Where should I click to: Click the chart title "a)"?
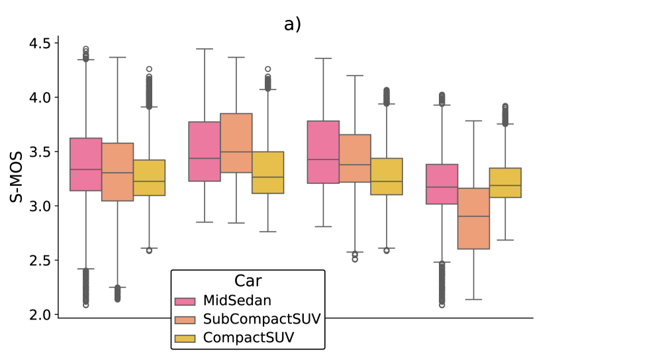click(x=293, y=24)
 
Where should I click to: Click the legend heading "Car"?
click(x=248, y=281)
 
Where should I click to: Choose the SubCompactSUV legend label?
click(x=262, y=320)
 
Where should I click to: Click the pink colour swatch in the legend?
click(x=185, y=301)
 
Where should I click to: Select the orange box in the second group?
click(x=236, y=143)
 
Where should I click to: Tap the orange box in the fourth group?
click(x=473, y=218)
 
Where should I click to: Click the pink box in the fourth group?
click(x=442, y=184)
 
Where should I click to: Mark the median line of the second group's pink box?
click(x=205, y=158)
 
